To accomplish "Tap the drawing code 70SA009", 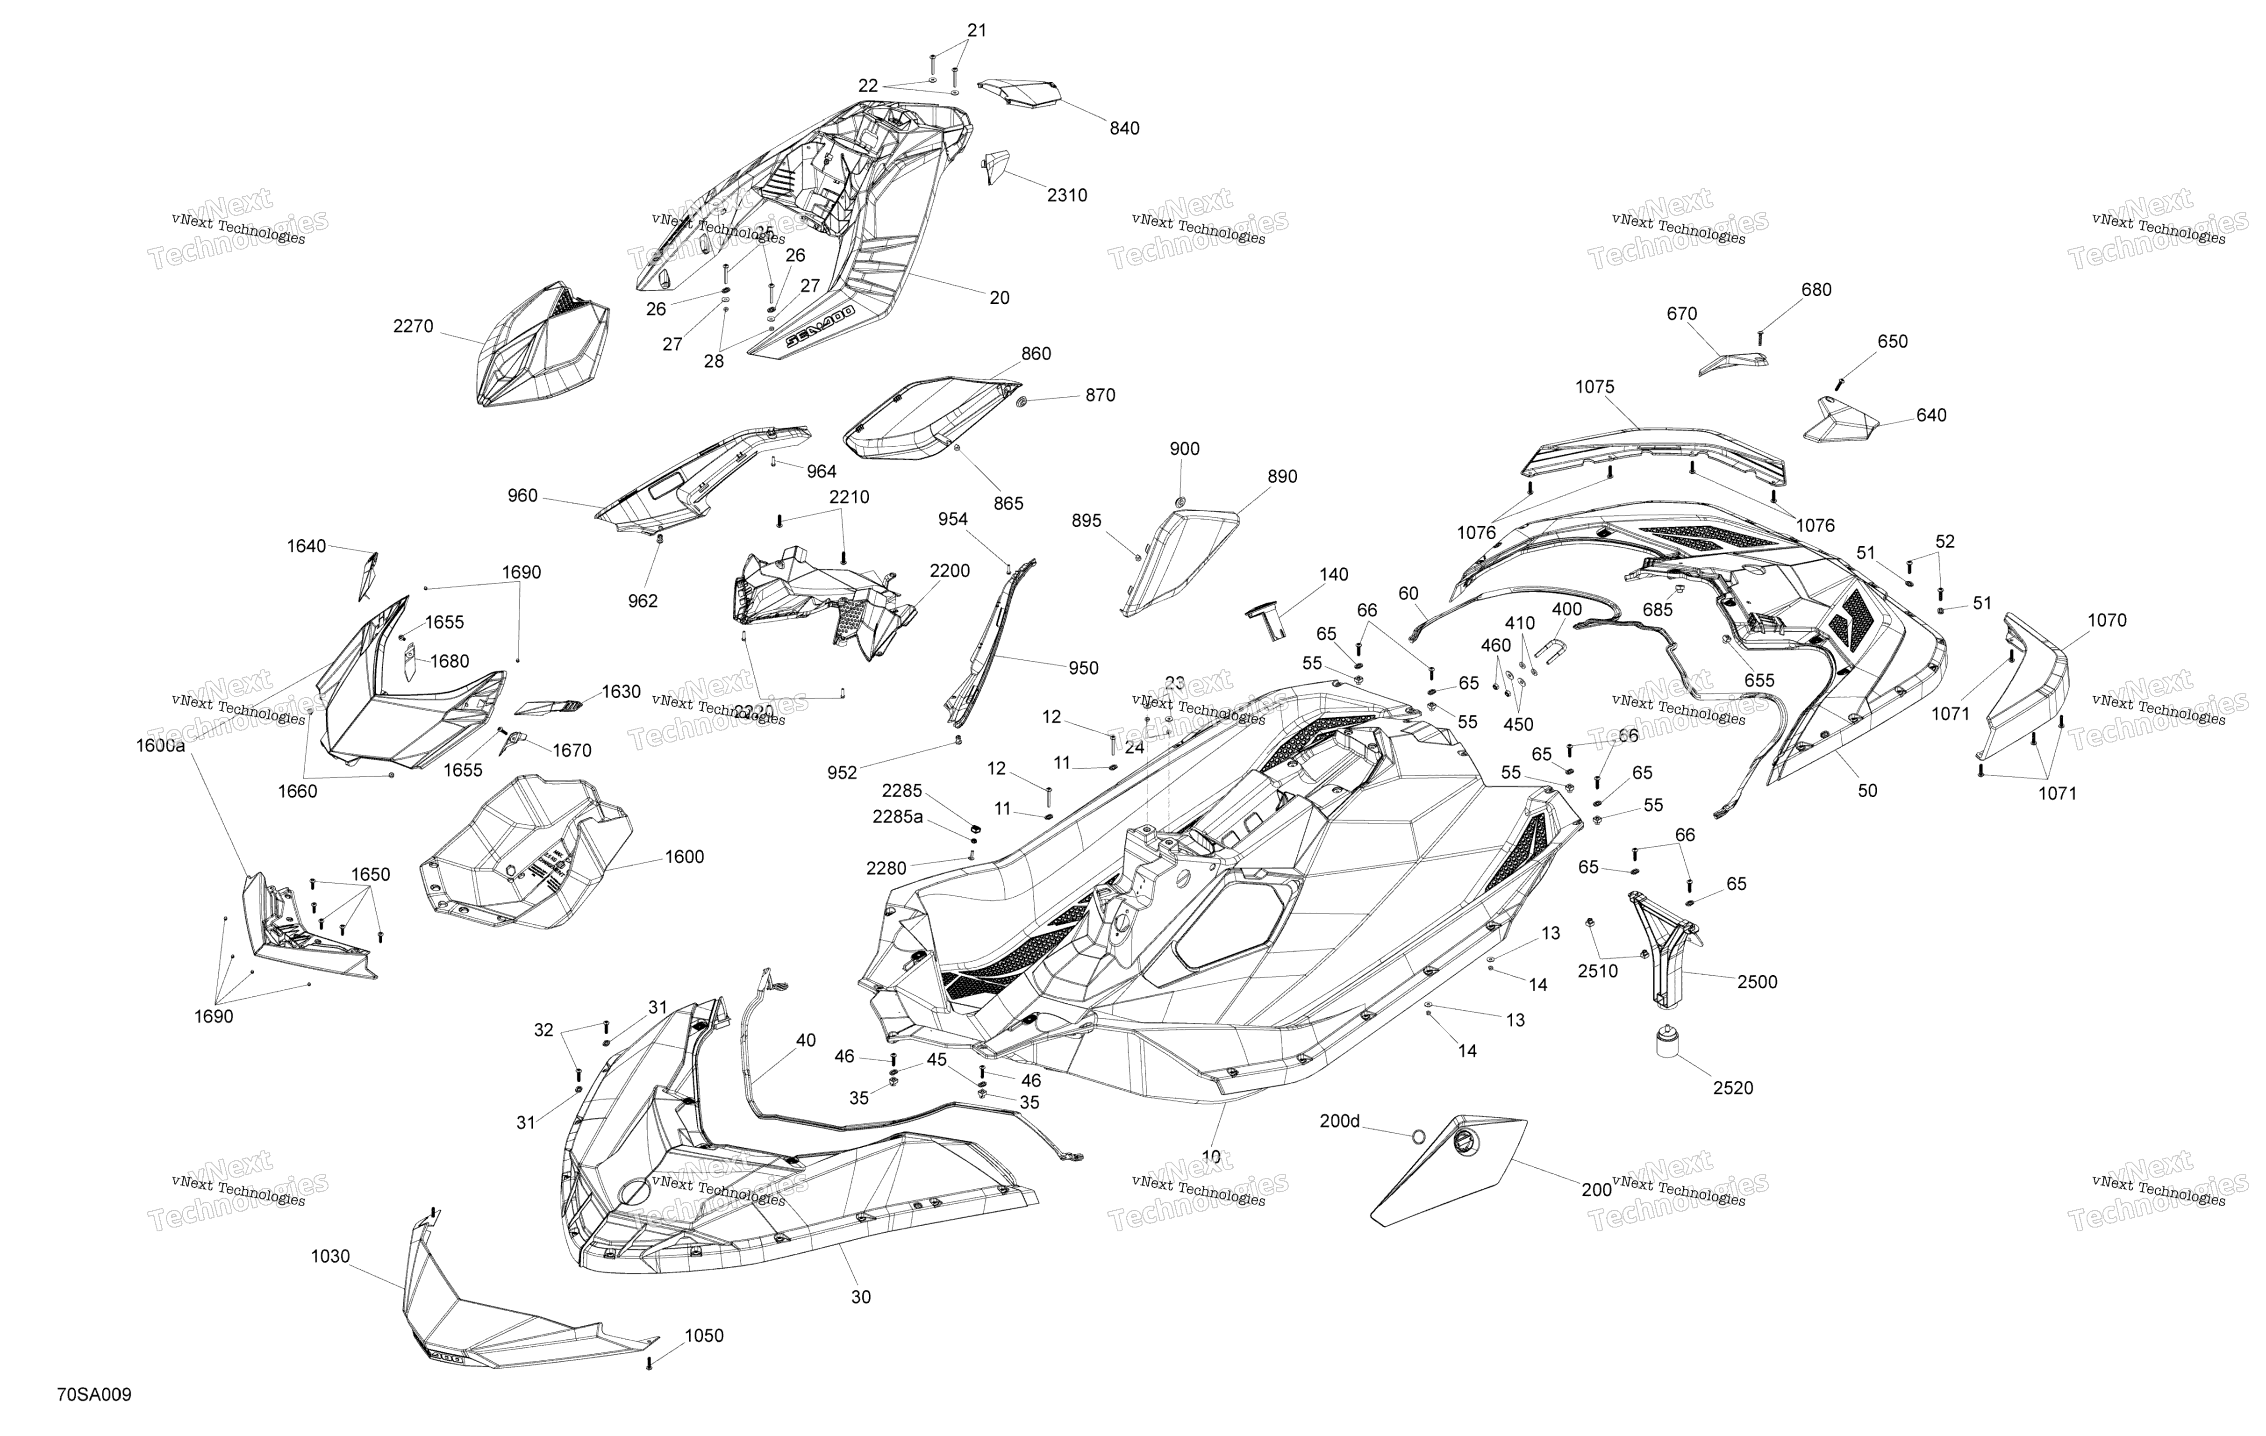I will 94,1394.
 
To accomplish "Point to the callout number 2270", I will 413,327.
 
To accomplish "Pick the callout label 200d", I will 1339,1121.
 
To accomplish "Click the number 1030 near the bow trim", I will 330,1256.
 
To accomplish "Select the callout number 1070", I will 2106,621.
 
